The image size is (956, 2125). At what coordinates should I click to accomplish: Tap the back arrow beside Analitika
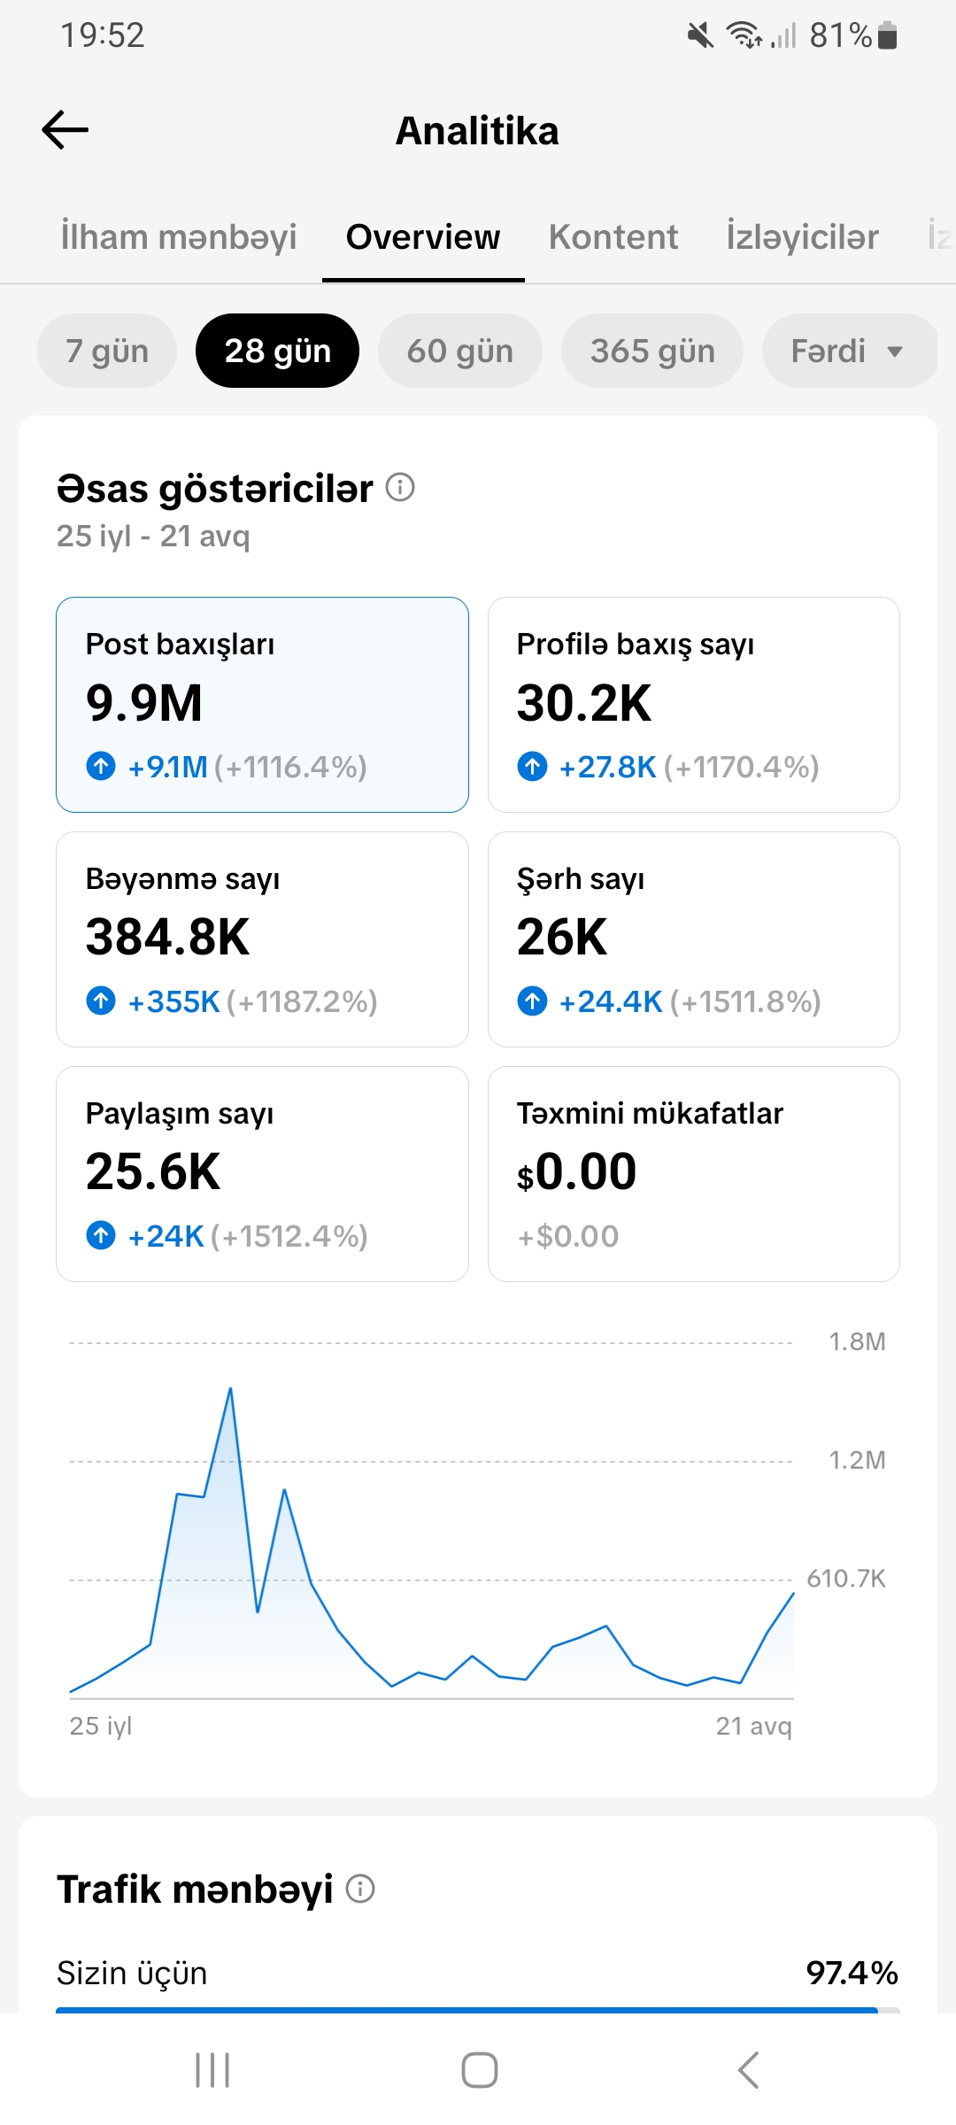(66, 130)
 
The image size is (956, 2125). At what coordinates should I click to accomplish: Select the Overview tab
(423, 237)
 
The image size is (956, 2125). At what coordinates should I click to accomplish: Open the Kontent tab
(613, 237)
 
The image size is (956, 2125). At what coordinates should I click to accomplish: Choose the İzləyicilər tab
(802, 237)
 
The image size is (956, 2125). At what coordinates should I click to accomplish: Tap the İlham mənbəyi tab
(179, 237)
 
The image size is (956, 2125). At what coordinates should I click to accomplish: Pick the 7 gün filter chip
(107, 351)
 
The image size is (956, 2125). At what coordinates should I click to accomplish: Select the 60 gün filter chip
(460, 351)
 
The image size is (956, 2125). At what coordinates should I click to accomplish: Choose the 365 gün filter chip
(652, 351)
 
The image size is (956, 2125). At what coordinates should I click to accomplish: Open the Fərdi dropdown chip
(848, 351)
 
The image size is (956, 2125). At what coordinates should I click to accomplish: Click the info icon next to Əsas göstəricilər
(400, 487)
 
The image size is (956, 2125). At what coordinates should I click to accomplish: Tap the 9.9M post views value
(144, 703)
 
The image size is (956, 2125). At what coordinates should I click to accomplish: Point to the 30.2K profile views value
(584, 703)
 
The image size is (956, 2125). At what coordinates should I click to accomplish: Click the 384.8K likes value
(168, 937)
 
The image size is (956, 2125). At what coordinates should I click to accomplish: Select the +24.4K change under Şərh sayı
(611, 1001)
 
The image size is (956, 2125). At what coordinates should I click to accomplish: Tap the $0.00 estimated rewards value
(577, 1171)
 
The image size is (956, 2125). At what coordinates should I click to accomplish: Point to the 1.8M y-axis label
(857, 1341)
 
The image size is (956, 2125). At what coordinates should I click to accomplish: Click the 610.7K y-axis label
(846, 1578)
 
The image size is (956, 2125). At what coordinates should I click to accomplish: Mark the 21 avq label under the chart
(754, 1726)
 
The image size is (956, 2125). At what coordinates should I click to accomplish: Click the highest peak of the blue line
(231, 1388)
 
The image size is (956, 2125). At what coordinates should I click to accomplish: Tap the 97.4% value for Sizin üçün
(852, 1973)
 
